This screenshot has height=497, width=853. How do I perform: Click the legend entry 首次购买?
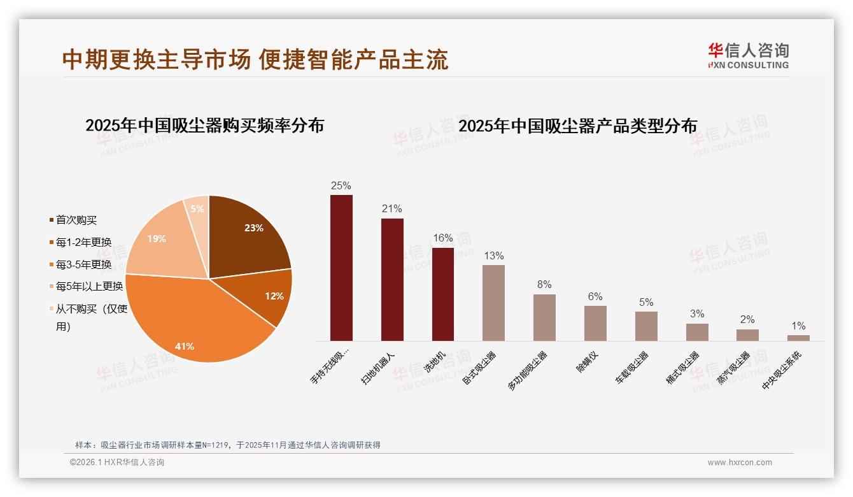coord(76,220)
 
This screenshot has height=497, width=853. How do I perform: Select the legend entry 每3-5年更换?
coord(83,264)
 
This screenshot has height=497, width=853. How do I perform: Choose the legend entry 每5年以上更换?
coord(89,287)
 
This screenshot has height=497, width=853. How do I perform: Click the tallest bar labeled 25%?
coord(341,268)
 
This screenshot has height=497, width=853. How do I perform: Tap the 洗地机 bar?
coord(443,294)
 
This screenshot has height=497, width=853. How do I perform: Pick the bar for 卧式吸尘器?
coord(493,303)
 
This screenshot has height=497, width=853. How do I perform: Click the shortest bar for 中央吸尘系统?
coord(798,338)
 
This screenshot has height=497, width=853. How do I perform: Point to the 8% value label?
coord(544,285)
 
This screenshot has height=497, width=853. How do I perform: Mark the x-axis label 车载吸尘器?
coord(632,368)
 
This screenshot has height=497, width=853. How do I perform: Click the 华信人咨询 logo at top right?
coord(748,55)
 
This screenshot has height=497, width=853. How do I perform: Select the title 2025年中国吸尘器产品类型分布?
coord(577,126)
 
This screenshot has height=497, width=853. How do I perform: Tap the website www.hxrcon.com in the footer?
coord(740,463)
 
